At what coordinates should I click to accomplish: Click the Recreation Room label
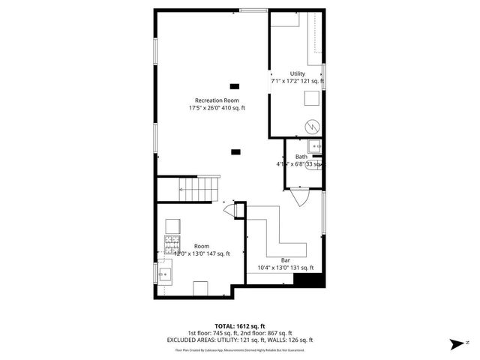pyautogui.click(x=217, y=100)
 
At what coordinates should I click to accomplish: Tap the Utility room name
pyautogui.click(x=298, y=73)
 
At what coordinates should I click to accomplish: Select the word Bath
pyautogui.click(x=301, y=156)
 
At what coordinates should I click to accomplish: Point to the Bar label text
pyautogui.click(x=285, y=259)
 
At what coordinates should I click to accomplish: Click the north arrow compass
pyautogui.click(x=456, y=343)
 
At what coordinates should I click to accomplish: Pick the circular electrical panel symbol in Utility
pyautogui.click(x=312, y=125)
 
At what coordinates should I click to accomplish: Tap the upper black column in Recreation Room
pyautogui.click(x=235, y=85)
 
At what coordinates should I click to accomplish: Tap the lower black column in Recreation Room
pyautogui.click(x=235, y=151)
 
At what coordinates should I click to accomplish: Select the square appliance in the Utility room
pyautogui.click(x=310, y=97)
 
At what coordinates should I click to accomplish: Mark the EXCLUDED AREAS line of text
pyautogui.click(x=239, y=340)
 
